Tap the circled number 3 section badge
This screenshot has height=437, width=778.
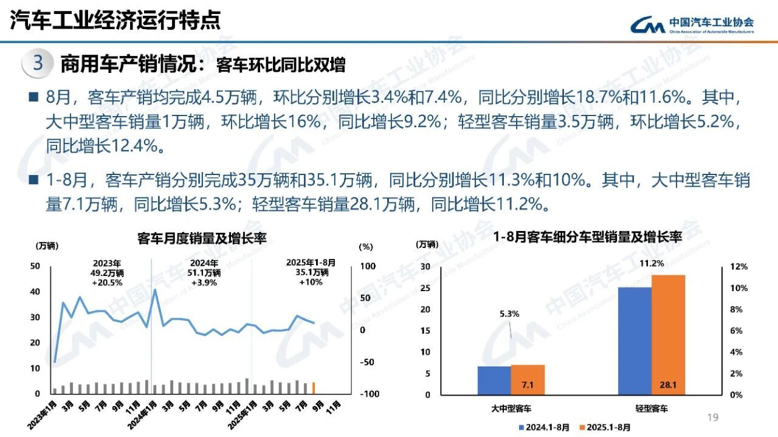click(x=38, y=63)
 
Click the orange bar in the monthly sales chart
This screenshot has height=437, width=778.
click(x=314, y=388)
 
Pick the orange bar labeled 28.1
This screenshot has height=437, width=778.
click(x=668, y=334)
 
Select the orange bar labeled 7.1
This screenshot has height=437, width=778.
click(x=528, y=379)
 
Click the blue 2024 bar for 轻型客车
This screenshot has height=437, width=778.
click(x=635, y=340)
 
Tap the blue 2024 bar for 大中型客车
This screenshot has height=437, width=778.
click(x=494, y=380)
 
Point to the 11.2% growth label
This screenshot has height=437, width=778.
click(x=668, y=263)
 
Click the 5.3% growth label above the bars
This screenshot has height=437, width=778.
click(x=509, y=314)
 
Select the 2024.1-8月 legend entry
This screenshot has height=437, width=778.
click(x=543, y=427)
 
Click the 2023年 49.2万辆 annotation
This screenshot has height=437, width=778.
click(x=106, y=272)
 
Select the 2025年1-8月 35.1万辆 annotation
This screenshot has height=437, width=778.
click(x=310, y=272)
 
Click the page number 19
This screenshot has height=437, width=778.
click(x=713, y=417)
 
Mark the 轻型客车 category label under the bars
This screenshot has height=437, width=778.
click(x=650, y=410)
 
